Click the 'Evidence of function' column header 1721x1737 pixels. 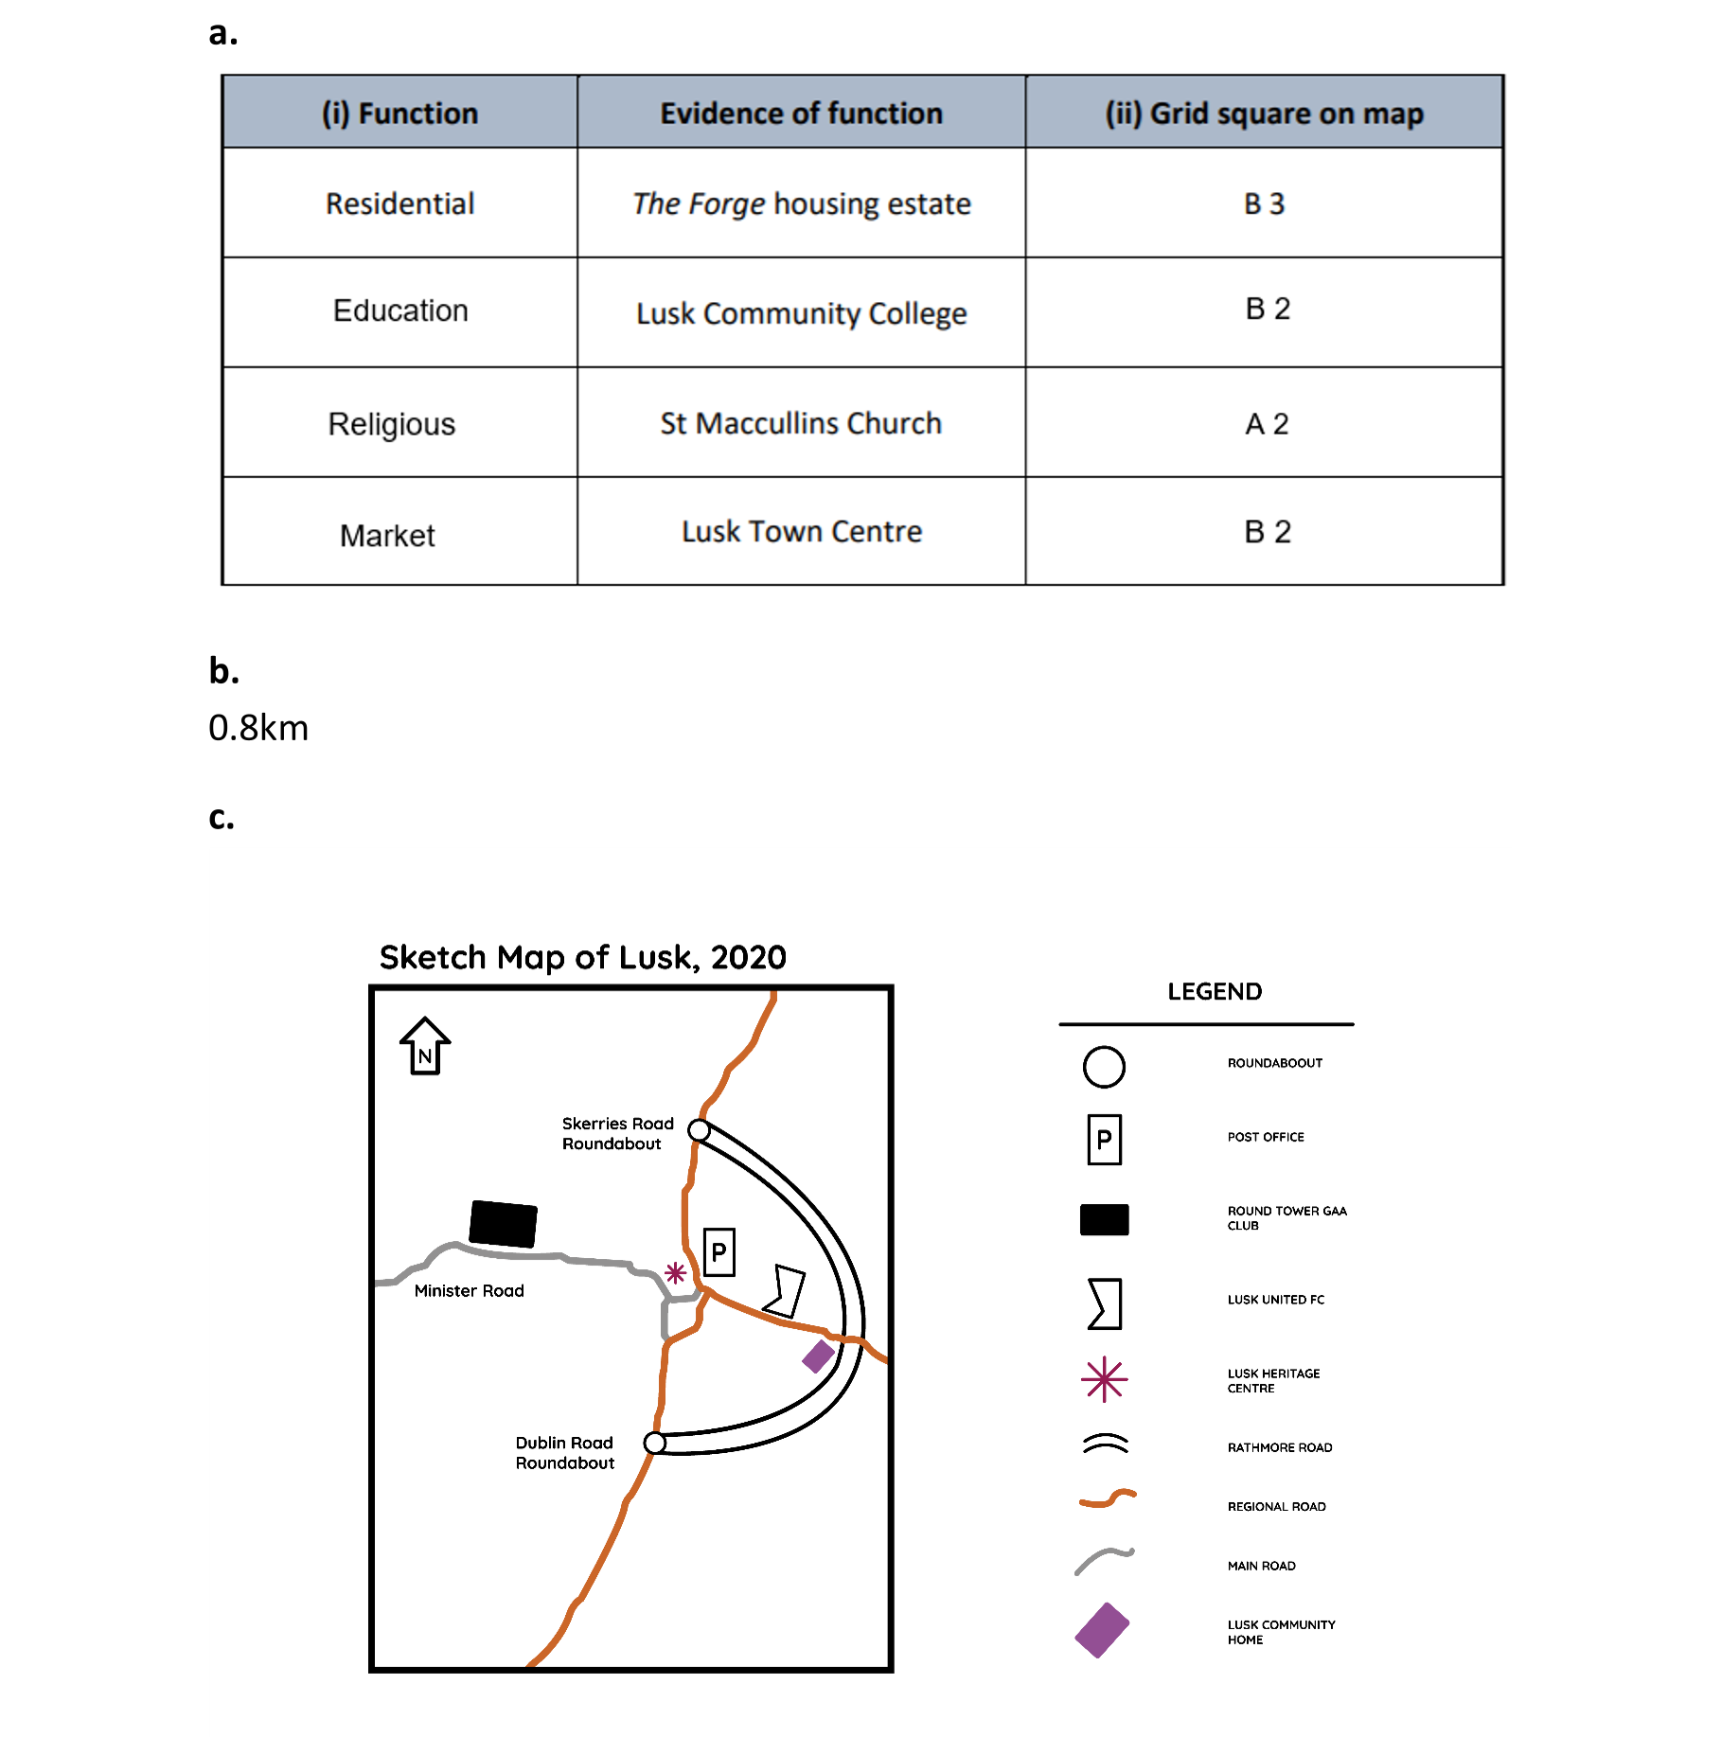pyautogui.click(x=801, y=113)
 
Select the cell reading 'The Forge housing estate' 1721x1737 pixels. pyautogui.click(x=801, y=204)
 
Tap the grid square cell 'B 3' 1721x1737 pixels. pyautogui.click(x=1264, y=204)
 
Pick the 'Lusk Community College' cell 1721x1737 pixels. pyautogui.click(x=801, y=313)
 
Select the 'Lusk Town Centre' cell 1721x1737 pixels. pyautogui.click(x=801, y=531)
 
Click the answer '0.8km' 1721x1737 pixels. pyautogui.click(x=258, y=728)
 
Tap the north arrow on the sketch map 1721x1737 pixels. pyautogui.click(x=425, y=1046)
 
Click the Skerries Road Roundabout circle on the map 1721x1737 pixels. pyautogui.click(x=699, y=1130)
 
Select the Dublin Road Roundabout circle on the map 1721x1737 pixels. pyautogui.click(x=654, y=1443)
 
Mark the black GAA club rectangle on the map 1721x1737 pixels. pyautogui.click(x=504, y=1224)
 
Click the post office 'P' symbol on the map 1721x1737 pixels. pyautogui.click(x=719, y=1252)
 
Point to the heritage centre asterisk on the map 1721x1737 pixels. pyautogui.click(x=675, y=1273)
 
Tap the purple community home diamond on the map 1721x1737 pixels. pyautogui.click(x=819, y=1356)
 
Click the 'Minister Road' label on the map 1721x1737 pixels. pyautogui.click(x=469, y=1290)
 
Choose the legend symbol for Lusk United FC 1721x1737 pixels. pyautogui.click(x=1105, y=1304)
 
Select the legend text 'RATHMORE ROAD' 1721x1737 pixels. pyautogui.click(x=1280, y=1447)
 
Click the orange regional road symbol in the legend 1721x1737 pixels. pyautogui.click(x=1108, y=1498)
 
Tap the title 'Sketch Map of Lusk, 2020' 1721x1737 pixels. pyautogui.click(x=582, y=957)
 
